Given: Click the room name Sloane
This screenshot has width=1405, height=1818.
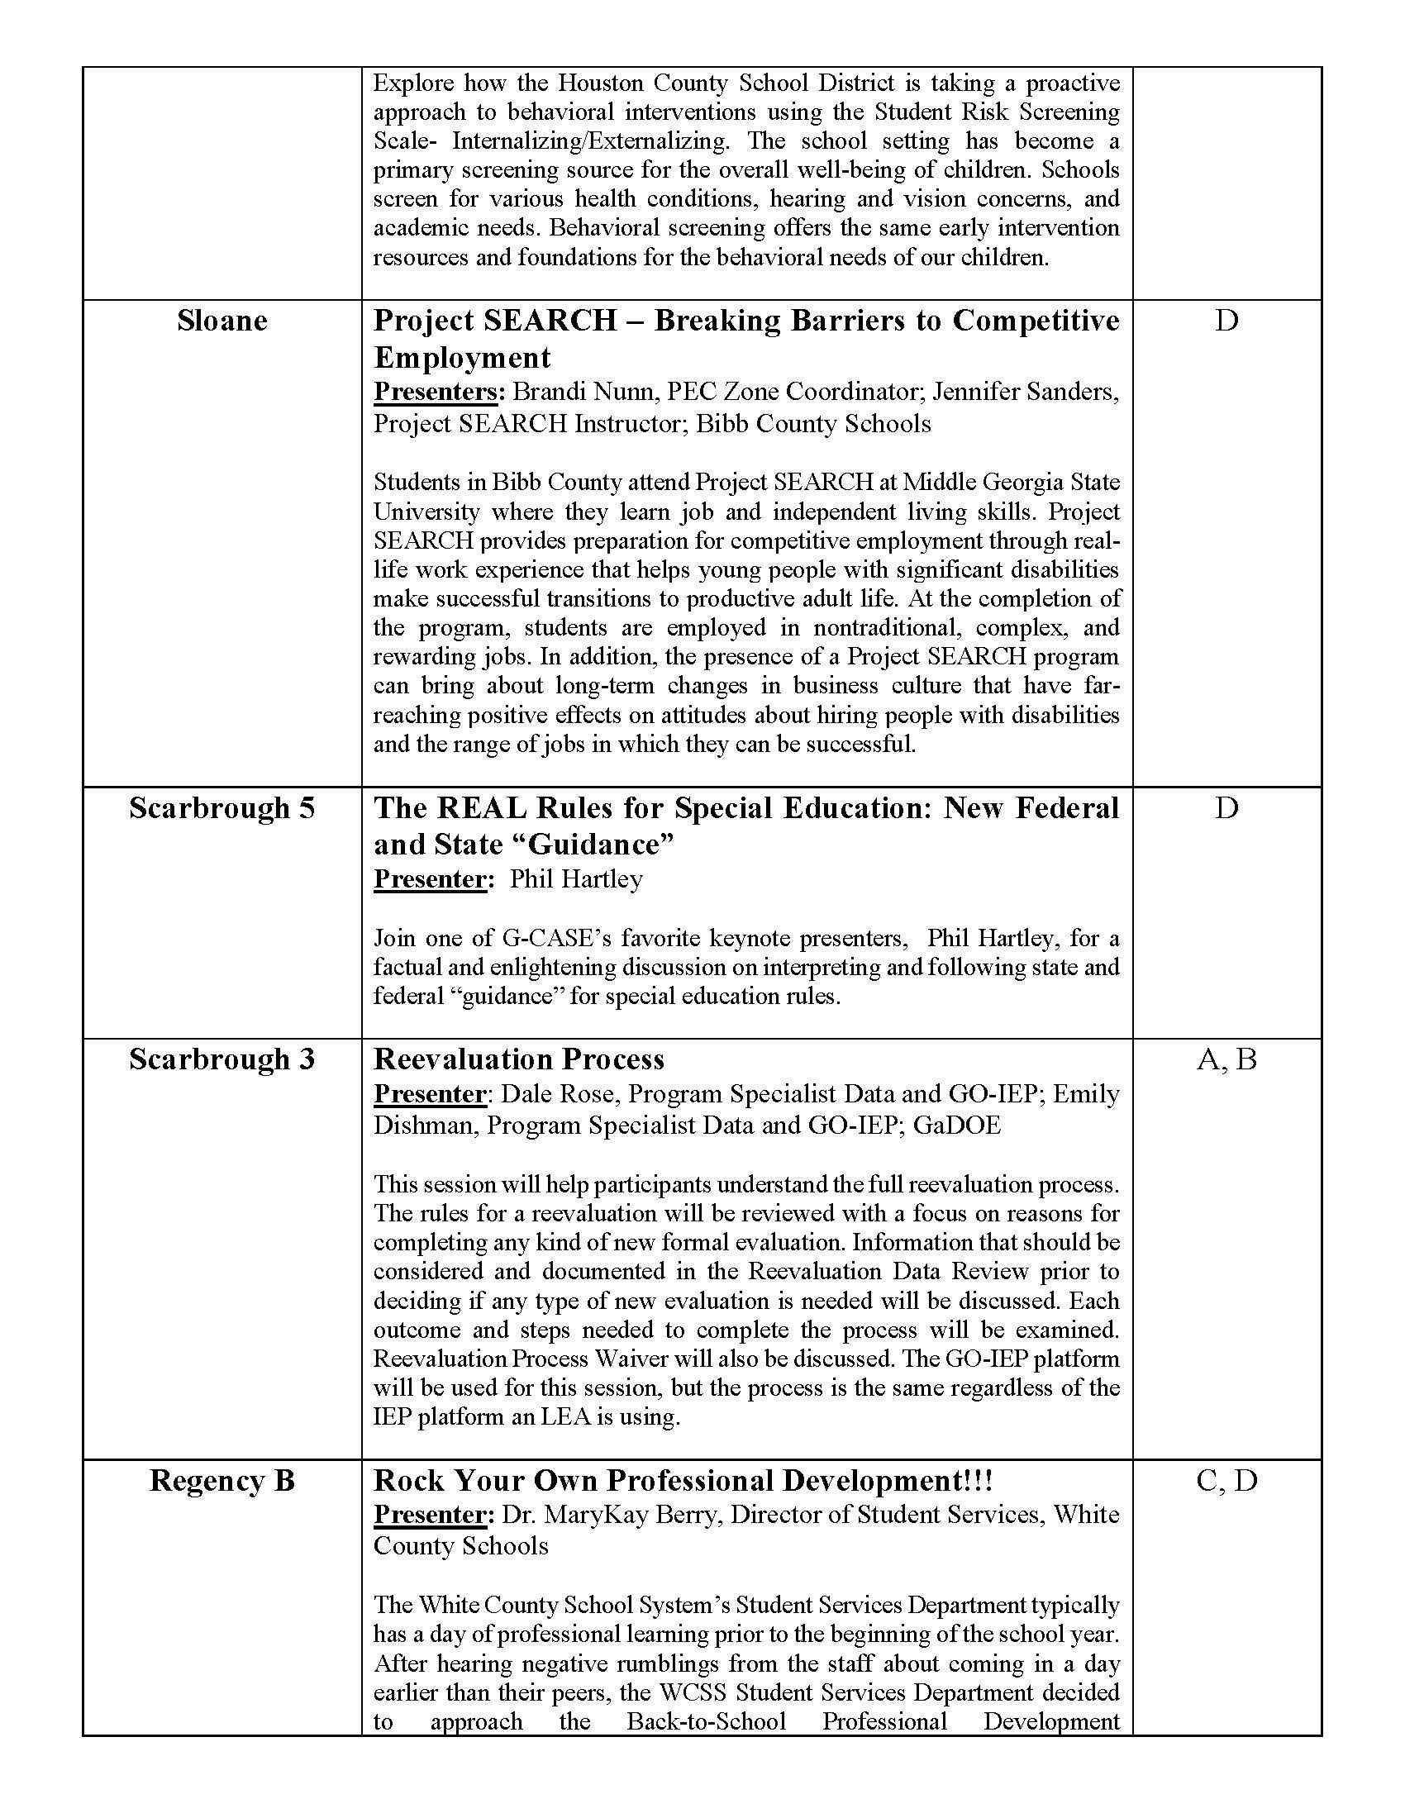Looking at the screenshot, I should click(x=221, y=321).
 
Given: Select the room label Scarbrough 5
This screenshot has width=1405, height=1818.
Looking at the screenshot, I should click(x=221, y=808).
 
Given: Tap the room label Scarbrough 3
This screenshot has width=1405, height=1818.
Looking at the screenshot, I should click(x=221, y=1059).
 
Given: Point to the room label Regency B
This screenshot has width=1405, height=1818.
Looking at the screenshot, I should click(x=221, y=1481).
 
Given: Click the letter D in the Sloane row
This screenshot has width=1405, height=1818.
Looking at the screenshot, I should click(x=1226, y=321).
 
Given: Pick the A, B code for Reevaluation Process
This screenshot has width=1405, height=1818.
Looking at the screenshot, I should click(x=1226, y=1059).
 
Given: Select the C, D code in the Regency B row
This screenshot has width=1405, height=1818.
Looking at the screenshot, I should click(x=1226, y=1481).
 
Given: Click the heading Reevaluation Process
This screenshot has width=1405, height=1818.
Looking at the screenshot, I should click(x=518, y=1059).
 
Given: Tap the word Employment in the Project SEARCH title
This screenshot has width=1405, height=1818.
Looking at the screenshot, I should click(x=462, y=358).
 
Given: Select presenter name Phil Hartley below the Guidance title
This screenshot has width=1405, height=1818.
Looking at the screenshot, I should click(x=576, y=879).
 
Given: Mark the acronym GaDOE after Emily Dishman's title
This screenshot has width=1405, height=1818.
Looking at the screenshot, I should click(x=956, y=1126).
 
